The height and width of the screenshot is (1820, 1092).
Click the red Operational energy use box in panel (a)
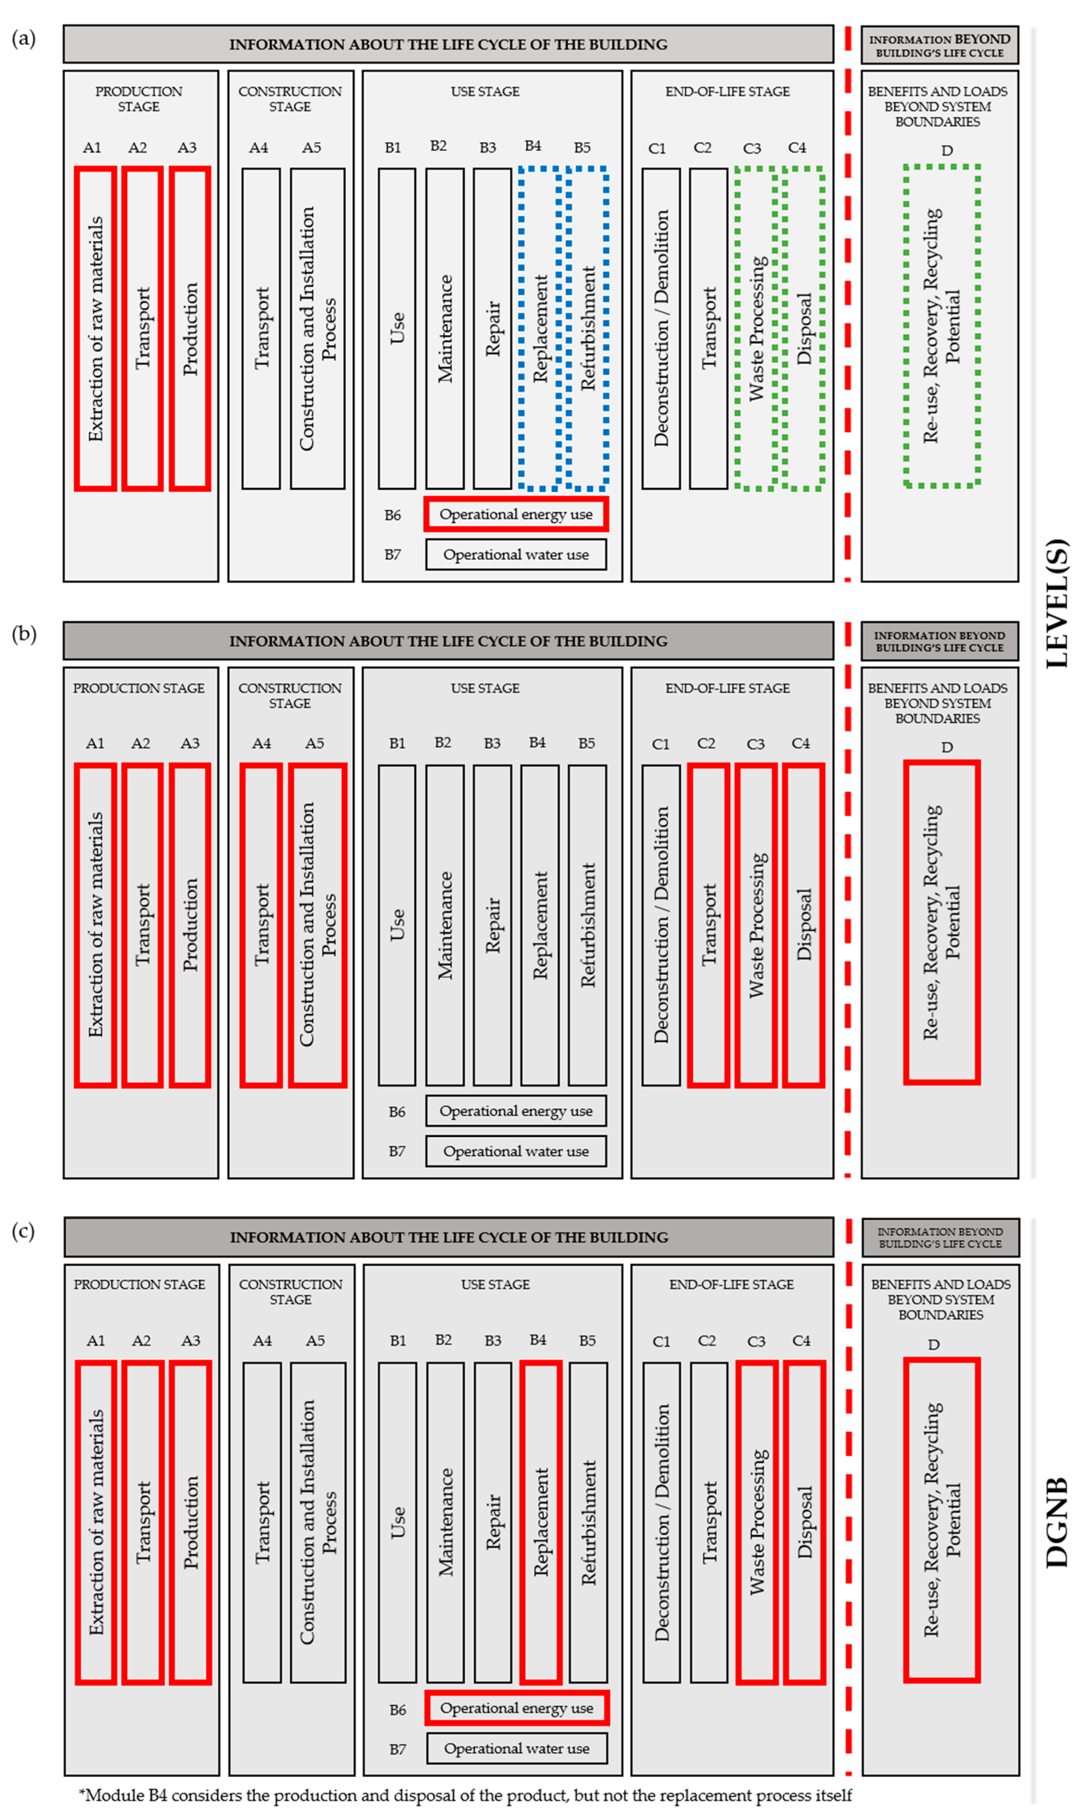click(x=516, y=514)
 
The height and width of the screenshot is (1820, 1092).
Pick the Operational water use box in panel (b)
click(x=516, y=1151)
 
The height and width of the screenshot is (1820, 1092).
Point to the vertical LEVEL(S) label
click(x=1057, y=603)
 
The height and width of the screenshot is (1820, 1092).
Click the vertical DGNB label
click(x=1057, y=1523)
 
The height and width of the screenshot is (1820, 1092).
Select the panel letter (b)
click(x=24, y=633)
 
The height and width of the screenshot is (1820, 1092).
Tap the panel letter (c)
click(x=24, y=1231)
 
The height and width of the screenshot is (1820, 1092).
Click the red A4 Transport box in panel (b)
click(x=261, y=925)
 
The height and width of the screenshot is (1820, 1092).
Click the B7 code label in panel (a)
click(x=393, y=555)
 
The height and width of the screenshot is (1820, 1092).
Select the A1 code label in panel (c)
click(x=96, y=1340)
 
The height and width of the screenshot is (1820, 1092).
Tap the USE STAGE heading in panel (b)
click(x=485, y=688)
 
